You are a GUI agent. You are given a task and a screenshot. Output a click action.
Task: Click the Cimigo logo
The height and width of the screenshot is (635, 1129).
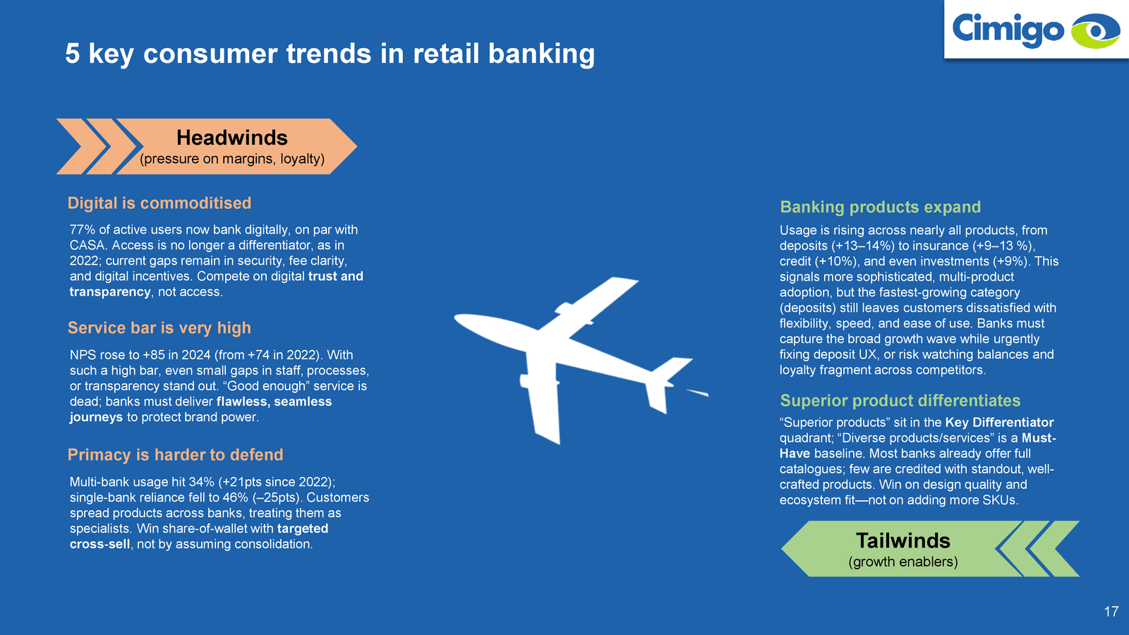1036,30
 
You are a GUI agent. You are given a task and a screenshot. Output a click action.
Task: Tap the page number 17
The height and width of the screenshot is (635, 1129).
1111,612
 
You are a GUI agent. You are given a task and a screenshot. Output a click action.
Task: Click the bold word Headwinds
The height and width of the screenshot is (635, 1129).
232,138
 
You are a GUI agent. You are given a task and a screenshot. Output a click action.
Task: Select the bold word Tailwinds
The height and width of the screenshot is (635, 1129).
903,540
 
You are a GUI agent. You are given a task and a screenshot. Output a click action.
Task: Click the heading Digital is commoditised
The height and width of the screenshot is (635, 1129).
159,203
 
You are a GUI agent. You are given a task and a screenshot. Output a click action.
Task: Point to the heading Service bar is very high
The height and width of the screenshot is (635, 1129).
159,328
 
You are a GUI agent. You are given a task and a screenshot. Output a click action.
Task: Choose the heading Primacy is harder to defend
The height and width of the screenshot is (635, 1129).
176,455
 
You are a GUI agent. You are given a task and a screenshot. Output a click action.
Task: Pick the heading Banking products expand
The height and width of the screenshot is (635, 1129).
881,207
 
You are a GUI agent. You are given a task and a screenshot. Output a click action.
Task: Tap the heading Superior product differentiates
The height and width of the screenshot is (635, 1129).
900,401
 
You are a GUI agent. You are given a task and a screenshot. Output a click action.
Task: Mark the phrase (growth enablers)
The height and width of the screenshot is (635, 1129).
903,562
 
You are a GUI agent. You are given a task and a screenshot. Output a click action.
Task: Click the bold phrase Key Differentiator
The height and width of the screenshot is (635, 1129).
999,423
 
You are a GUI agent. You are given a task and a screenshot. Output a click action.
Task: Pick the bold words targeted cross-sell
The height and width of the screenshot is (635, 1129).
198,536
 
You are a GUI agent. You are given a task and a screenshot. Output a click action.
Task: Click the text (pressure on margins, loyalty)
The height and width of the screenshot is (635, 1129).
232,159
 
